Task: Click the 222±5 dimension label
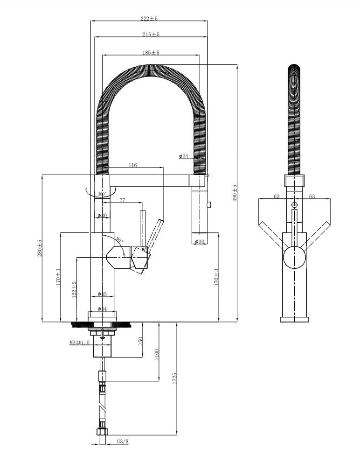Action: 149,19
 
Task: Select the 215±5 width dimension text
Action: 151,35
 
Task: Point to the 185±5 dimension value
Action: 151,53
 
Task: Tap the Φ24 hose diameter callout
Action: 183,156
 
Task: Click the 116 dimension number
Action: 132,165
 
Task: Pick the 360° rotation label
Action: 102,193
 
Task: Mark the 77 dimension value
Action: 122,200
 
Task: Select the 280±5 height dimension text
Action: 40,248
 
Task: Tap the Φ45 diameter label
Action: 102,294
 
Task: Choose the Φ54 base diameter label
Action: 102,309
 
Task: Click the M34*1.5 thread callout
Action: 79,343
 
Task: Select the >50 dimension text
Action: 140,341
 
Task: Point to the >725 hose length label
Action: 174,378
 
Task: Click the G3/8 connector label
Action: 122,441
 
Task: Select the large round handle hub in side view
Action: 294,257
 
